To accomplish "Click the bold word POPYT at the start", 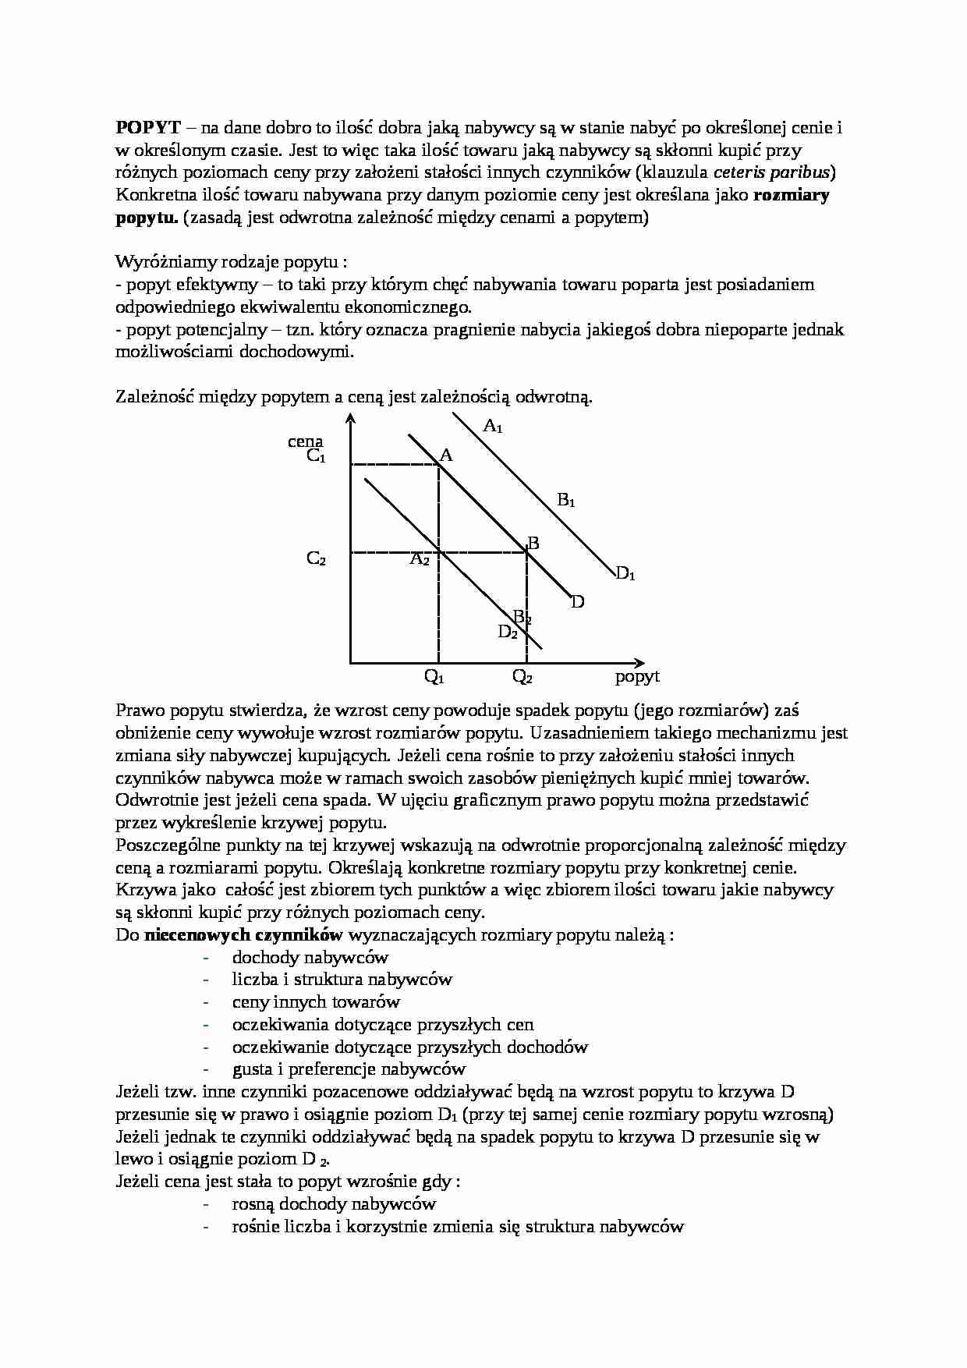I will point(148,128).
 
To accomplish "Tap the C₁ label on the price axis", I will point(316,456).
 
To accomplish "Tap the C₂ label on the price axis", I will point(316,558).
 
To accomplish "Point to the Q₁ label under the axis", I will point(434,677).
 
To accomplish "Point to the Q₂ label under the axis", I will point(522,677).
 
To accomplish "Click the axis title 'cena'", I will point(305,441).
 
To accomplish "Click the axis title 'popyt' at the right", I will point(637,676).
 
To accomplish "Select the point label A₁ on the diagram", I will point(493,426).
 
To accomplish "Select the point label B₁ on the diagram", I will point(565,500).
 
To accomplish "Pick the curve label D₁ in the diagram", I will point(625,575).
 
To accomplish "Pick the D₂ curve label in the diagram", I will point(508,633).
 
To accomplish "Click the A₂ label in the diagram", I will point(420,559).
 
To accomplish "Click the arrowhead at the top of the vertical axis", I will point(351,420).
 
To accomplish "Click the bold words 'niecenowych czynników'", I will point(243,935).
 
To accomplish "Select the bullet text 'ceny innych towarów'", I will point(316,1002).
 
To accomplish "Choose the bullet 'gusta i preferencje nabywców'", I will point(349,1069).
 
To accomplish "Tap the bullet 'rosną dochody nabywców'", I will point(334,1204).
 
